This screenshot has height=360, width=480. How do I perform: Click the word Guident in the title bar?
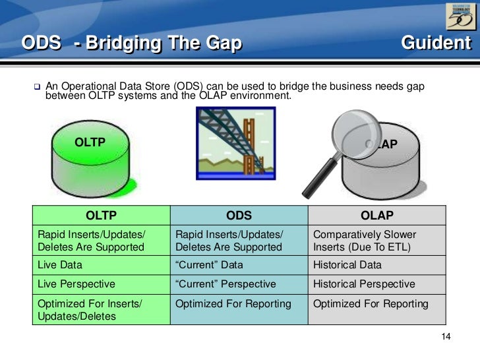pyautogui.click(x=436, y=44)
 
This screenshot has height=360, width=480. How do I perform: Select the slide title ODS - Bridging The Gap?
pyautogui.click(x=132, y=44)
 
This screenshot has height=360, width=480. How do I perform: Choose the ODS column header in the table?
pyautogui.click(x=239, y=216)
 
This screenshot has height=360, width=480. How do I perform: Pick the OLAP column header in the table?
pyautogui.click(x=376, y=216)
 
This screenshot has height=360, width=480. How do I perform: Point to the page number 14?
pyautogui.click(x=445, y=338)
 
